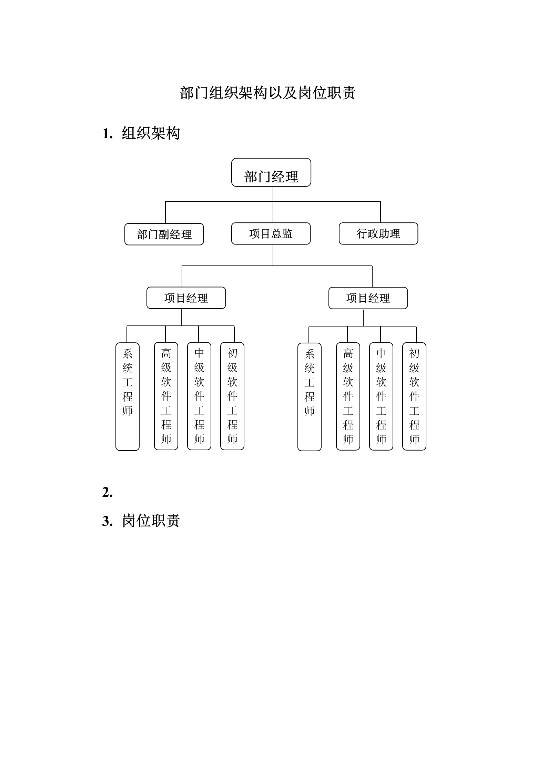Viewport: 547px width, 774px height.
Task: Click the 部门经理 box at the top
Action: coord(271,173)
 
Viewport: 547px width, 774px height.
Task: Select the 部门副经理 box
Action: coord(164,234)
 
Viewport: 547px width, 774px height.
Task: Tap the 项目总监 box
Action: coord(271,234)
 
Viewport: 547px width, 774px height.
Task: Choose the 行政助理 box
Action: coord(378,234)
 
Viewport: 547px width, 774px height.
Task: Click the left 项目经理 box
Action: coord(186,298)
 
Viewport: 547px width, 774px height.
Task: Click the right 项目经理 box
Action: coord(368,298)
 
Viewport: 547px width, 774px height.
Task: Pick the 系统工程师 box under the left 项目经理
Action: coord(128,396)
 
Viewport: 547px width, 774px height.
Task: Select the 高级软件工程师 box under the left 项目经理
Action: coord(166,396)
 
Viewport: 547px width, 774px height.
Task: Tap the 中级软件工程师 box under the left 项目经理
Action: coord(199,396)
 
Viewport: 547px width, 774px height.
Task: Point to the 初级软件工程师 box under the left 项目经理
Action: coord(232,396)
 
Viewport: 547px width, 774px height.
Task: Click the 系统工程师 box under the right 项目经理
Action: coord(310,397)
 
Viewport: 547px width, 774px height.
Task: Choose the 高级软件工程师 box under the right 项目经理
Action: coord(348,396)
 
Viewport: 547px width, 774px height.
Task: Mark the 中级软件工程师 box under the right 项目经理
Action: coord(381,396)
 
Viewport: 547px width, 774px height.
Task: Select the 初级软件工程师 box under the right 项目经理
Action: coord(414,396)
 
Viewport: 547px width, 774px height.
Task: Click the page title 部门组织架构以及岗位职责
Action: coord(267,93)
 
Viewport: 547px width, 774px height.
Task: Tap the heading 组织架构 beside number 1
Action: coord(151,133)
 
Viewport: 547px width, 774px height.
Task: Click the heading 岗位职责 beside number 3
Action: coord(151,521)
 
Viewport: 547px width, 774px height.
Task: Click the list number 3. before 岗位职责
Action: coord(108,521)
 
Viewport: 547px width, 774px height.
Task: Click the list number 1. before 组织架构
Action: coord(108,134)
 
